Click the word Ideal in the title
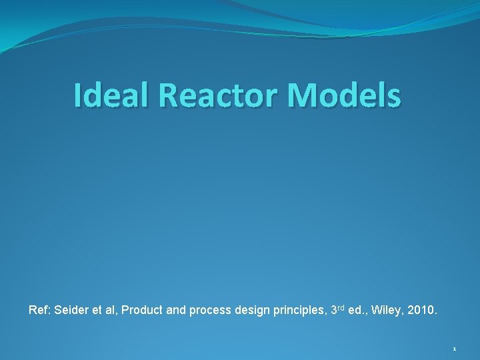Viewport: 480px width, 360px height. (112, 95)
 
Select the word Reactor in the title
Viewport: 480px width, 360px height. (221, 95)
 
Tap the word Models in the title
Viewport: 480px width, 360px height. (345, 95)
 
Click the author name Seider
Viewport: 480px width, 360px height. (69, 310)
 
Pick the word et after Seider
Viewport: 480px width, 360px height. (94, 310)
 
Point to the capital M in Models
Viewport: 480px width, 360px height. (302, 95)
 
